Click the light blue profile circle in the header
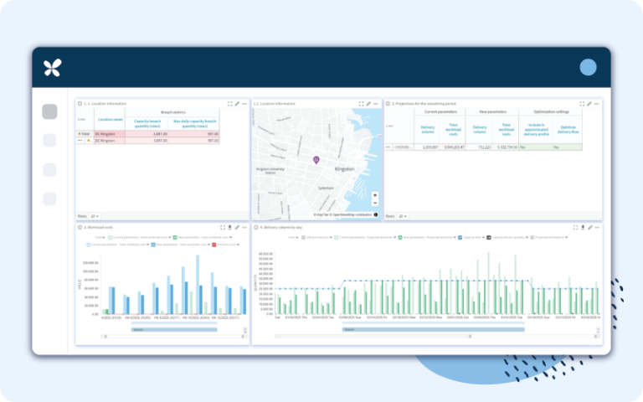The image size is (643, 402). point(588,68)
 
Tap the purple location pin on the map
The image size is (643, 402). point(316,159)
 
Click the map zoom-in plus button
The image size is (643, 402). point(375,195)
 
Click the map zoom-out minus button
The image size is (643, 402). point(375,203)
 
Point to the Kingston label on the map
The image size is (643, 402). point(344,169)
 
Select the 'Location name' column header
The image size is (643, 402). point(110,120)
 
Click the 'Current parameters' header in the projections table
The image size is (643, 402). point(441,111)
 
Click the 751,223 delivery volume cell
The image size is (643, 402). point(481,147)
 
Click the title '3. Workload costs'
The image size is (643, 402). point(99,227)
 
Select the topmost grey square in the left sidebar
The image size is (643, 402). point(49,111)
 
